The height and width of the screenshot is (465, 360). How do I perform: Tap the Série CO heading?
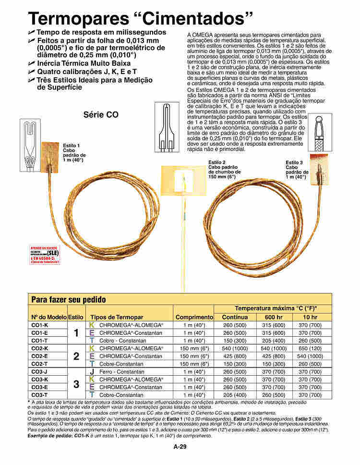point(100,115)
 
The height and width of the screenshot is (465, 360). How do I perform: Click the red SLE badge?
point(45,255)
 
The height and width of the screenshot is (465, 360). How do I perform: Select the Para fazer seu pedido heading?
point(68,299)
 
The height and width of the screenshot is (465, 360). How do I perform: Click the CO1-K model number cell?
point(39,325)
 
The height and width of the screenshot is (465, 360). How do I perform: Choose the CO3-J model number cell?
point(39,372)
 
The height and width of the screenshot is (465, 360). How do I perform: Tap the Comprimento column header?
point(194,318)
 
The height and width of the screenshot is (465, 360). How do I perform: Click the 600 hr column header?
point(274,318)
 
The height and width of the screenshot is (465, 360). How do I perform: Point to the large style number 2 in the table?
point(76,356)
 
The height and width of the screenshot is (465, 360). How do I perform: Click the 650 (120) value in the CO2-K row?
point(310,348)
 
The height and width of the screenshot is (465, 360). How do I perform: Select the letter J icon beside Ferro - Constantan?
point(92,372)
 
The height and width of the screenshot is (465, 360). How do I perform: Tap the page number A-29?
point(180,447)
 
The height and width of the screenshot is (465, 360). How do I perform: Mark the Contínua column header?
point(235,318)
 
